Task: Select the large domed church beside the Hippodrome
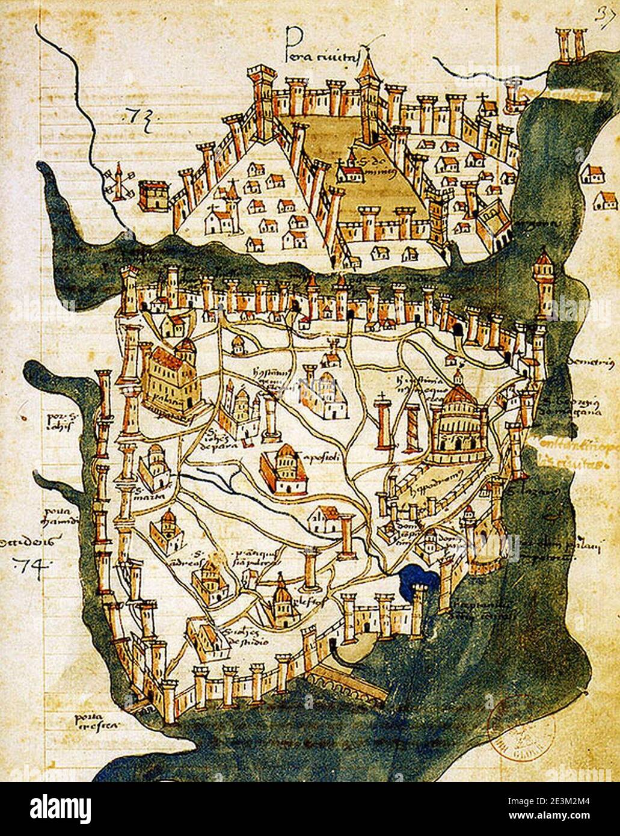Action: click(x=458, y=424)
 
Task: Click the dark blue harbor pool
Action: click(x=419, y=579)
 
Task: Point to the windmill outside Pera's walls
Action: click(x=117, y=182)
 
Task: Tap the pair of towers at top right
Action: click(x=571, y=43)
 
